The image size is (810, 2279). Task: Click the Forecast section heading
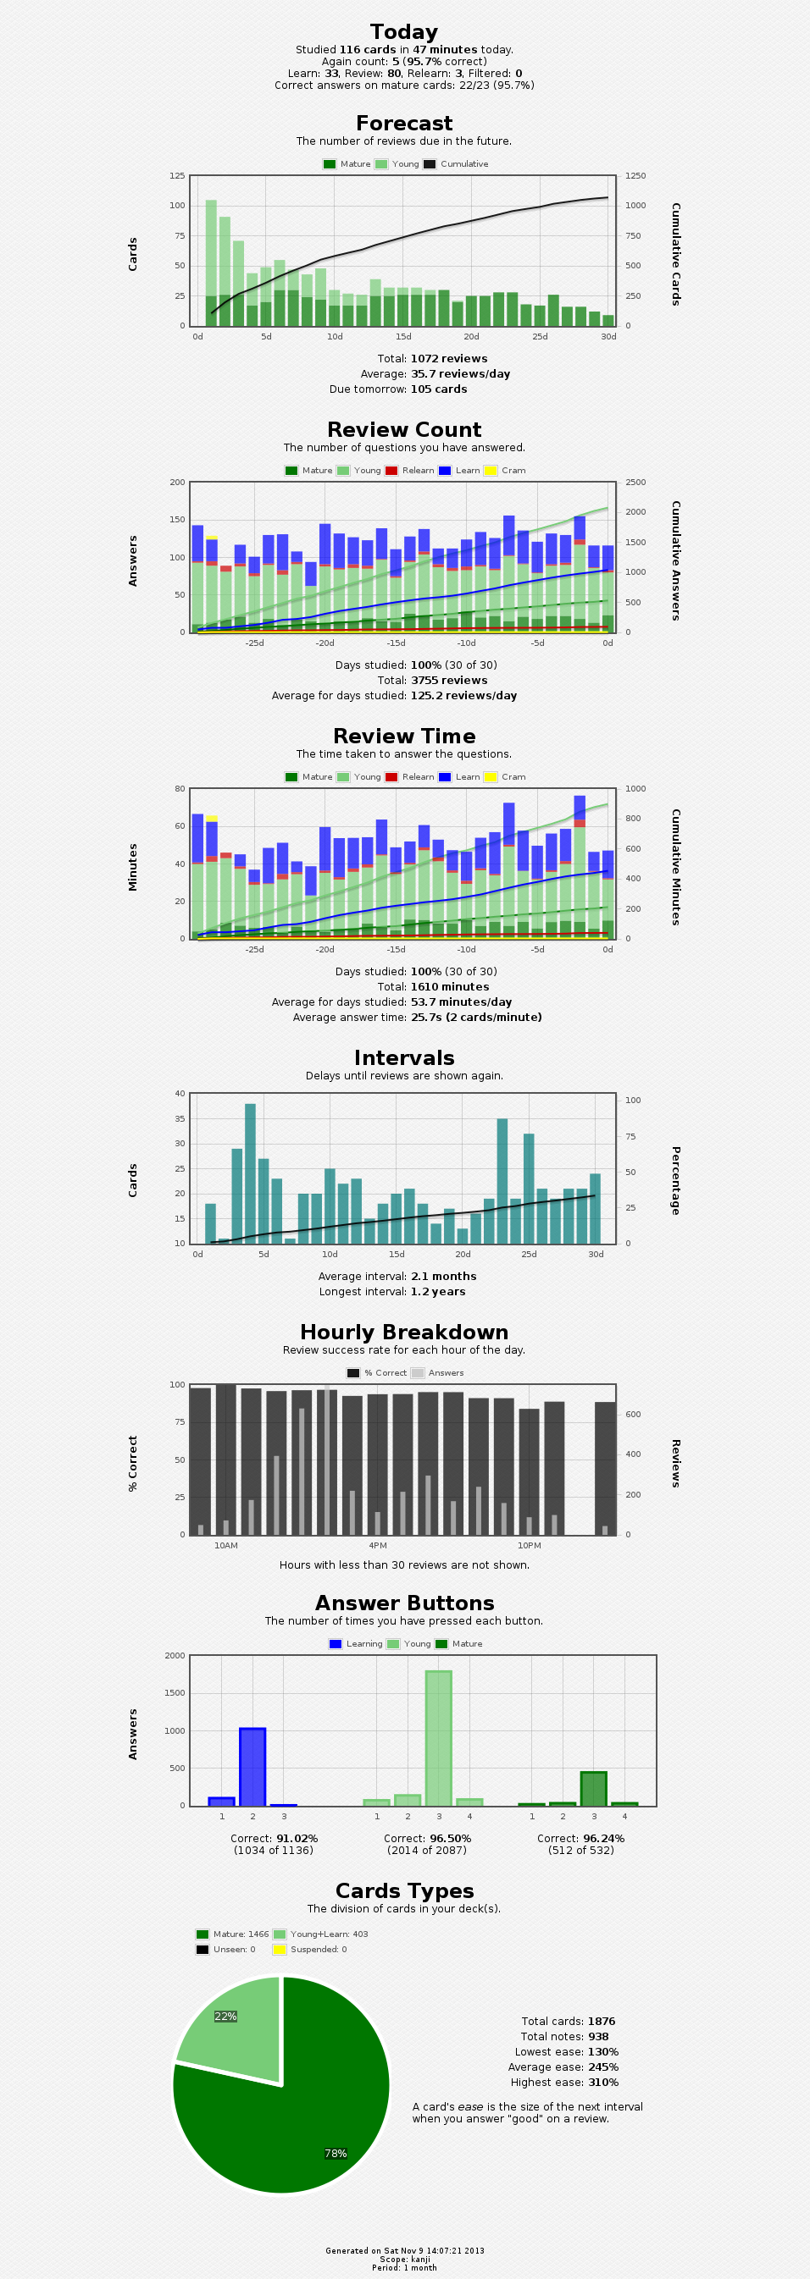coord(404,124)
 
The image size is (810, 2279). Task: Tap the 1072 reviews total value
coord(449,359)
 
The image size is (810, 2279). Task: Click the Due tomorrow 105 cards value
coord(438,389)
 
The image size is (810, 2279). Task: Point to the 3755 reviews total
coord(449,681)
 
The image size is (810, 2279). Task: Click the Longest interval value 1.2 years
coord(437,1292)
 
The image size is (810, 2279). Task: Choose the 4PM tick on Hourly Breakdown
coord(378,1546)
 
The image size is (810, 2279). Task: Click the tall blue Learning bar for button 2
coord(252,1766)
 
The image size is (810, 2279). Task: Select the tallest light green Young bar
coord(438,1737)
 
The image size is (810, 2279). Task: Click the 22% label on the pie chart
coord(225,2017)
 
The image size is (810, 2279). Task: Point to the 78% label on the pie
coord(336,2154)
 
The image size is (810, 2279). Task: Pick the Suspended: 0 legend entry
coord(318,1949)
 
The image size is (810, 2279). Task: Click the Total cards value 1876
coord(601,2022)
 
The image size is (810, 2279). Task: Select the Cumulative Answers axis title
coord(675,561)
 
